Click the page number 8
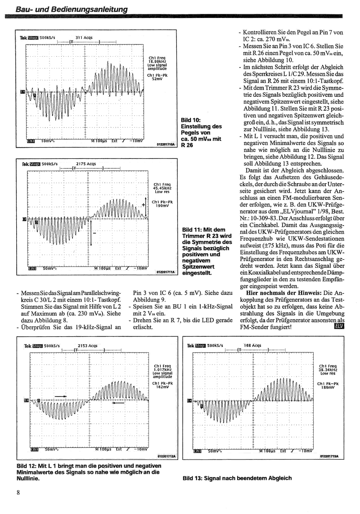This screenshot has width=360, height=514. click(18, 492)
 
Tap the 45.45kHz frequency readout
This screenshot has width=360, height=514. click(162, 188)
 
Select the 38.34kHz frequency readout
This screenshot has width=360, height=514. click(327, 370)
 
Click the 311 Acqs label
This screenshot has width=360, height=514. click(84, 38)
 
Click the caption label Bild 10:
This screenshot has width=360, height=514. click(190, 120)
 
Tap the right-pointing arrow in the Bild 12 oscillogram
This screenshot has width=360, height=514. click(61, 397)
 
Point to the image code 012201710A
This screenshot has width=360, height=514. click(166, 144)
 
